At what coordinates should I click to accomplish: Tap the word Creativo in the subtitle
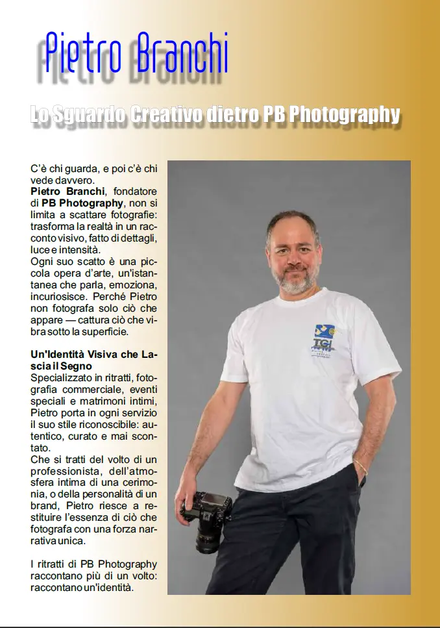pyautogui.click(x=167, y=114)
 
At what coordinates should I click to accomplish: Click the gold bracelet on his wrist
pyautogui.click(x=361, y=467)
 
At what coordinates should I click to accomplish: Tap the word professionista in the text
pyautogui.click(x=64, y=471)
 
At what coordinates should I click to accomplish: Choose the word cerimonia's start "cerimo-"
pyautogui.click(x=140, y=483)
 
